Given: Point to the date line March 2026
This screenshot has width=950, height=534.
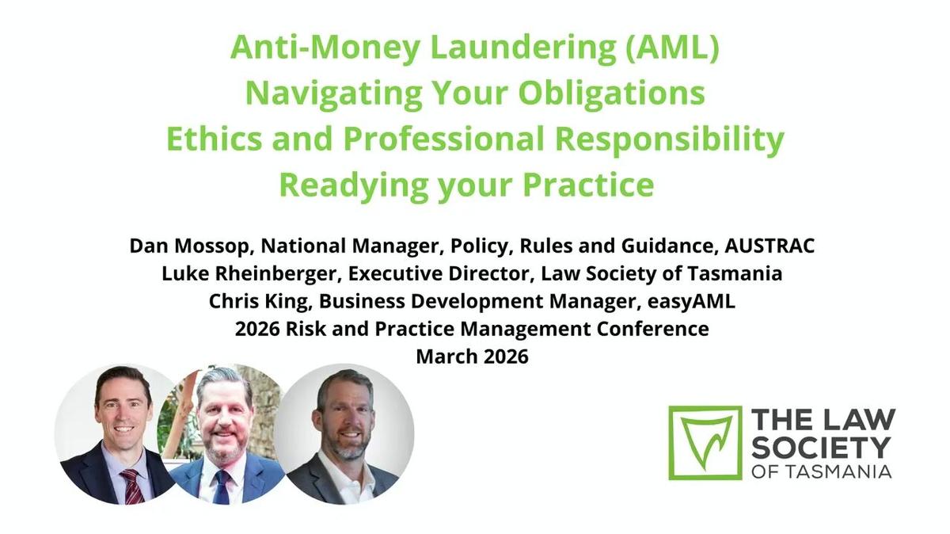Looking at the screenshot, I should [472, 357].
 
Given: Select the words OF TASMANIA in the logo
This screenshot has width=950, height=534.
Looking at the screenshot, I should [821, 471].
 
